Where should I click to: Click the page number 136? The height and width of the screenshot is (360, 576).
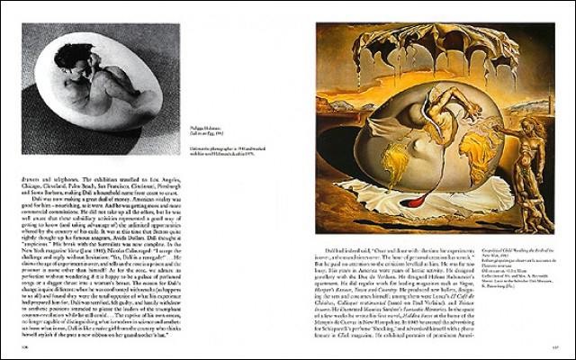(x=28, y=340)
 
